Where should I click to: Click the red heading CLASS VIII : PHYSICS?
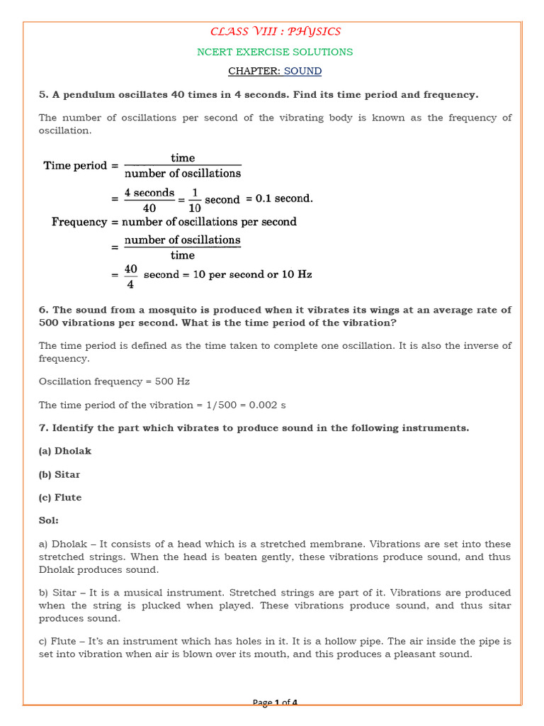[275, 31]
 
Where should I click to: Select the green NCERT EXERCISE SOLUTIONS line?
[275, 52]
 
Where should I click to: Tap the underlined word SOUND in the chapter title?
[302, 71]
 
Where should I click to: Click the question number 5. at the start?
[43, 94]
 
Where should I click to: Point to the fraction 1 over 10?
[195, 199]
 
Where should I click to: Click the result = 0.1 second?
[279, 199]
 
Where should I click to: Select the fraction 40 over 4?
[130, 275]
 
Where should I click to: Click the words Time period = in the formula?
[80, 165]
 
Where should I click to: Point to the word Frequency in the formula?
[78, 222]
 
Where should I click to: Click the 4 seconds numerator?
[149, 193]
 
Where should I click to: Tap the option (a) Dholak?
[65, 451]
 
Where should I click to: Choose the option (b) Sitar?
[59, 474]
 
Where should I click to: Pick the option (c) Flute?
[60, 498]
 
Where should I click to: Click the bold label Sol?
[48, 520]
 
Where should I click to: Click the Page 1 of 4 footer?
[275, 703]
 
